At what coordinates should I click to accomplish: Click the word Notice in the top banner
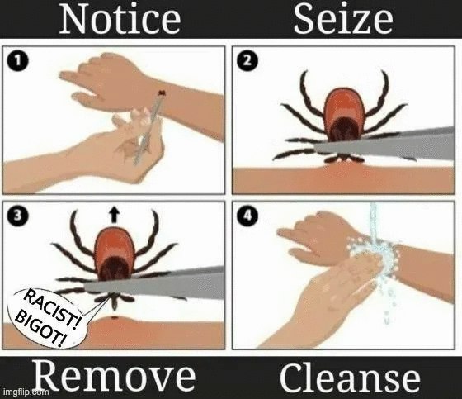[x=120, y=19]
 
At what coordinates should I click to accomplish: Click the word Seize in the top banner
[x=343, y=19]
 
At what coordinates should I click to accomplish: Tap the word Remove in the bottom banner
[x=115, y=376]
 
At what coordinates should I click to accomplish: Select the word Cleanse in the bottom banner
[x=350, y=378]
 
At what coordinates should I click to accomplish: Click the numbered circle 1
[x=17, y=61]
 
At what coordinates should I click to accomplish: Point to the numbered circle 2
[x=247, y=61]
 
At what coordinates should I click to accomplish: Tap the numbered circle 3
[x=17, y=215]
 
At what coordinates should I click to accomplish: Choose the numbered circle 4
[x=247, y=215]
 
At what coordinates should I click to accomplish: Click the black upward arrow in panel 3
[x=114, y=214]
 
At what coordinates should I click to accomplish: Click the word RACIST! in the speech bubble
[x=52, y=309]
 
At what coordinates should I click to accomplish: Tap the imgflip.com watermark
[x=26, y=392]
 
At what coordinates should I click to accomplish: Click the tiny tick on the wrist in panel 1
[x=162, y=93]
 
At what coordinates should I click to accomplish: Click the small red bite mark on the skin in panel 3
[x=115, y=318]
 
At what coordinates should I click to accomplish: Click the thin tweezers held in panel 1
[x=148, y=128]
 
